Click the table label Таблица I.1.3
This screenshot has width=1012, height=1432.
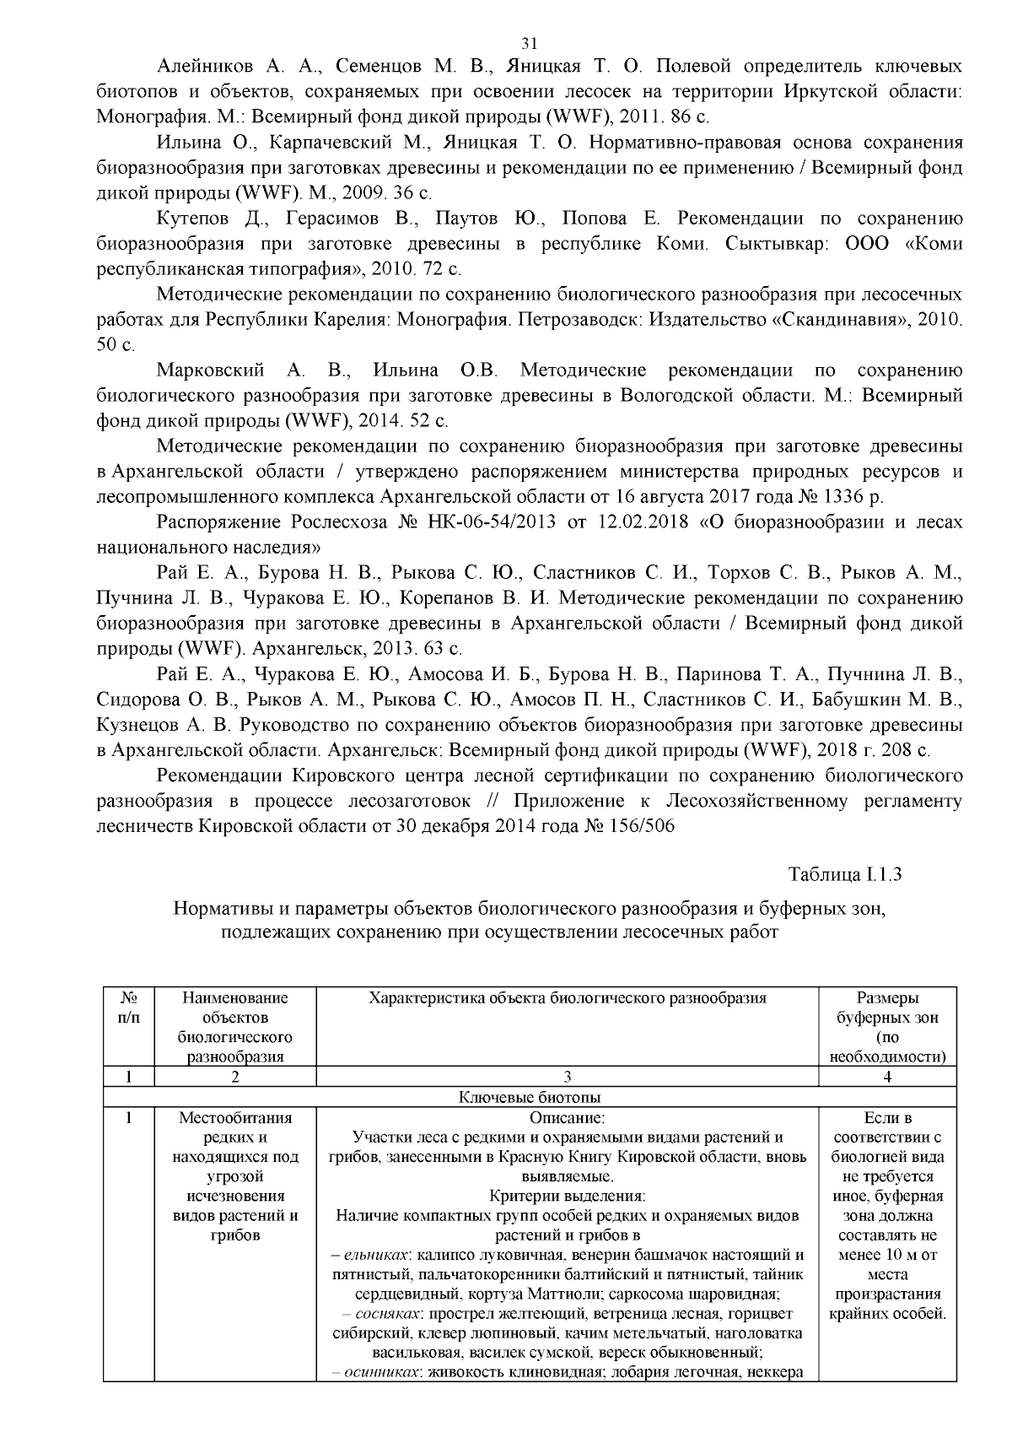(845, 874)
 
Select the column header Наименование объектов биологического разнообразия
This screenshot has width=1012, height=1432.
(235, 1026)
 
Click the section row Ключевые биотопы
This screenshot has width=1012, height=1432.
(530, 1097)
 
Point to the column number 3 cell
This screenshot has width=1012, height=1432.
(567, 1076)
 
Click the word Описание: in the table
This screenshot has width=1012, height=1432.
(568, 1118)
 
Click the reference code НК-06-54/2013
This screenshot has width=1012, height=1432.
(484, 521)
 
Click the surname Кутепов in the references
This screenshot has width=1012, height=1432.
(196, 219)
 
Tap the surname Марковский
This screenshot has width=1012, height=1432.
(211, 370)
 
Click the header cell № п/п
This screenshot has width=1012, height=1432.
(128, 1008)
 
